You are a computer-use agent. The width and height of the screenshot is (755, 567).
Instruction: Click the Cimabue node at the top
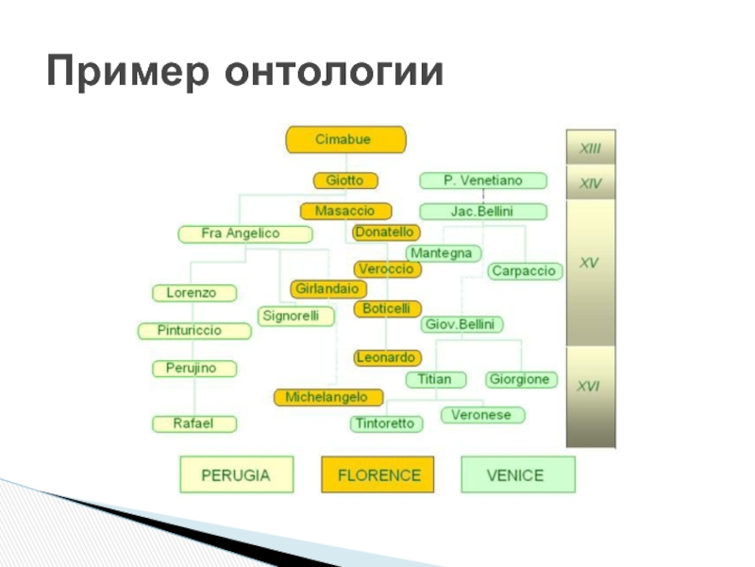(x=345, y=140)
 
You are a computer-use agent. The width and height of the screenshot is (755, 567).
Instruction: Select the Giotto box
(x=344, y=180)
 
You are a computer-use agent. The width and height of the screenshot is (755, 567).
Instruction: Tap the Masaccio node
(x=344, y=211)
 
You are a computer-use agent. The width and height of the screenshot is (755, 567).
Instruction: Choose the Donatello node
(x=386, y=232)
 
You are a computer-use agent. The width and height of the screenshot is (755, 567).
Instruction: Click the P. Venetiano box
(x=482, y=180)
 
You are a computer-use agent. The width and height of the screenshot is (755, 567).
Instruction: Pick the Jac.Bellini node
(x=482, y=212)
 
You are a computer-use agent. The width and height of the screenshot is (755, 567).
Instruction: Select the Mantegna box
(x=444, y=253)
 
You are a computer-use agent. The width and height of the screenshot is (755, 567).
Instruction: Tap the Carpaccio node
(x=525, y=271)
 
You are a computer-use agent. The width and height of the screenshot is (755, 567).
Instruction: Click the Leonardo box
(x=387, y=357)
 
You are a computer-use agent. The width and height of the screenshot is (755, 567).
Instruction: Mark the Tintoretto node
(x=384, y=423)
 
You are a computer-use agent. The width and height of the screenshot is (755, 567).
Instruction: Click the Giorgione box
(x=519, y=380)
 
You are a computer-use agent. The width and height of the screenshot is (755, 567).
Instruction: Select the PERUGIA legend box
(x=236, y=474)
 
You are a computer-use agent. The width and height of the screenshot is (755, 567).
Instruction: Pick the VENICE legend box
(x=515, y=474)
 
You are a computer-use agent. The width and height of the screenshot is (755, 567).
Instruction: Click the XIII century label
(x=590, y=147)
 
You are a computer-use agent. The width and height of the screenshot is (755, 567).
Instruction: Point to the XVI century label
(x=590, y=385)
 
